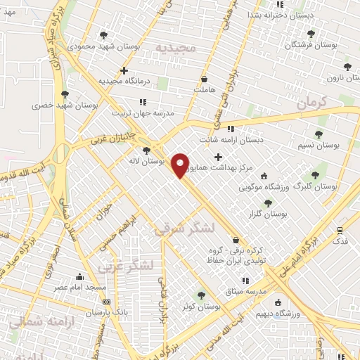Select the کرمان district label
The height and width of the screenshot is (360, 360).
(x=313, y=103)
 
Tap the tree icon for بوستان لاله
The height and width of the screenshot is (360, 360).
(x=146, y=150)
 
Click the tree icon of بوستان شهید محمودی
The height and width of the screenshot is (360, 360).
(x=104, y=34)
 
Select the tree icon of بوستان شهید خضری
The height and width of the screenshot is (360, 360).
(x=65, y=94)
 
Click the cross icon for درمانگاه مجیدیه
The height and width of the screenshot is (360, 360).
(x=124, y=70)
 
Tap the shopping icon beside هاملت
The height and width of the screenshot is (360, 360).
(x=204, y=79)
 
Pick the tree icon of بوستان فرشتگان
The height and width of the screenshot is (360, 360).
(x=310, y=34)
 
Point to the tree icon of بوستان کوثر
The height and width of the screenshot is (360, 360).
(x=202, y=295)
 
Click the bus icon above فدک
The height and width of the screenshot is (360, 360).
(x=340, y=230)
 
